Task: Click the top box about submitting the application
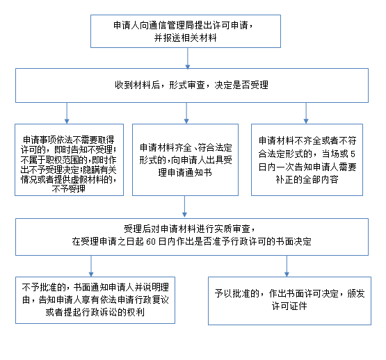[x=186, y=31]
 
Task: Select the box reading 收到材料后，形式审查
[x=192, y=85]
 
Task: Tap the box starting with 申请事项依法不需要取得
[x=69, y=160]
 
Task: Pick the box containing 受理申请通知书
[x=186, y=160]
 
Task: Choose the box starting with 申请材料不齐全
[x=307, y=160]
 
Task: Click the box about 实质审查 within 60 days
[x=192, y=237]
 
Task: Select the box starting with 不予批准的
[x=95, y=300]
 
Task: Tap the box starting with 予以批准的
[x=289, y=301]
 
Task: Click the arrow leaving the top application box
[x=188, y=58]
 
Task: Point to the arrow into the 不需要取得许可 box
[x=67, y=113]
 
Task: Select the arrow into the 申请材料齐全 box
[x=186, y=113]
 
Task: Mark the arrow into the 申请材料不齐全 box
[x=306, y=113]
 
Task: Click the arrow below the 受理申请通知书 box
[x=184, y=206]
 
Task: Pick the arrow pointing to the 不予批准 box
[x=91, y=266]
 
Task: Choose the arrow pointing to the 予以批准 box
[x=287, y=266]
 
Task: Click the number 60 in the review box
[x=151, y=242]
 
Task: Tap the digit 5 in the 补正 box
[x=353, y=154]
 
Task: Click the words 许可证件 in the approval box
[x=289, y=306]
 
